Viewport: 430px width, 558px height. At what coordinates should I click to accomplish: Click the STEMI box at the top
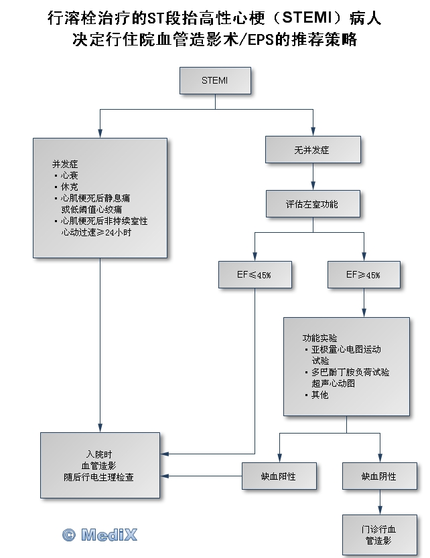214,80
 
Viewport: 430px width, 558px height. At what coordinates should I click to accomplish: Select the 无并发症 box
312,150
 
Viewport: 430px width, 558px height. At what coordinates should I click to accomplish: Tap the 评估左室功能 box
312,204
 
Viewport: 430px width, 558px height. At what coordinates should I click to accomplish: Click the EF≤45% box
255,275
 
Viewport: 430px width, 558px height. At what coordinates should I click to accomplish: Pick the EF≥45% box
363,275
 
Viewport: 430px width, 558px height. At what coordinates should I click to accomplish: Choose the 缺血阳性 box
279,476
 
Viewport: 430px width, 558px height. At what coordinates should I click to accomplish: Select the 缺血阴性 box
379,476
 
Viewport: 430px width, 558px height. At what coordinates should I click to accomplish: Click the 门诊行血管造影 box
379,534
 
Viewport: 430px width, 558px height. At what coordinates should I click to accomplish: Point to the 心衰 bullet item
69,175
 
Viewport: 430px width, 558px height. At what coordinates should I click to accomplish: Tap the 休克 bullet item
69,187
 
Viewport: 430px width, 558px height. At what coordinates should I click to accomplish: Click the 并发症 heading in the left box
65,164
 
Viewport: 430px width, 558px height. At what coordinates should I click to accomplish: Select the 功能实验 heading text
319,338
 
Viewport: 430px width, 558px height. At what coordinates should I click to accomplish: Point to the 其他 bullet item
319,395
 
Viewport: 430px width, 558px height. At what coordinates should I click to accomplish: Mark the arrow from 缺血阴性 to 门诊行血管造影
379,502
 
